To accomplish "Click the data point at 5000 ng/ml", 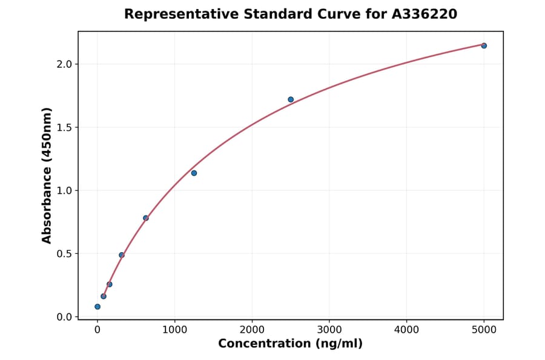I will coord(484,45).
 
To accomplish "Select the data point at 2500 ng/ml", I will coord(291,99).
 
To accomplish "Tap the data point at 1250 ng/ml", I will coord(194,173).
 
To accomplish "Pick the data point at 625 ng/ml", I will coord(146,218).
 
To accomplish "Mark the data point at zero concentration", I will coord(97,307).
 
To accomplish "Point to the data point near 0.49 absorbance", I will coord(122,255).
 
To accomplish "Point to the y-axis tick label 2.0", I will coord(65,64).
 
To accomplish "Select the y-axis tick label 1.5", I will coord(65,127).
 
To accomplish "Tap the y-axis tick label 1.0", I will coord(65,190).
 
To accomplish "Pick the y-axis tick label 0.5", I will coord(65,254).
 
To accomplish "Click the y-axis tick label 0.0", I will coord(65,317).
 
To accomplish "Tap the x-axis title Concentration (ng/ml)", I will coord(290,344).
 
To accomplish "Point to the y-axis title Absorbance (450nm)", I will coord(47,175).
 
